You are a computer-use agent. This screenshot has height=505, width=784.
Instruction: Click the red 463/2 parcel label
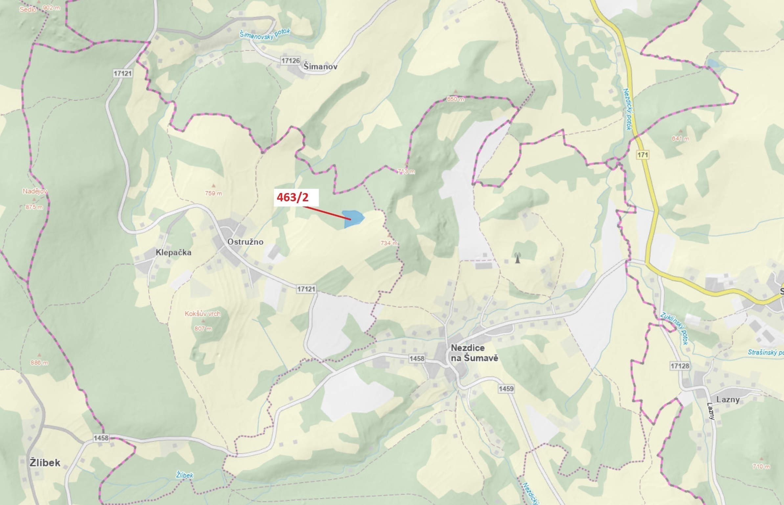[293, 197]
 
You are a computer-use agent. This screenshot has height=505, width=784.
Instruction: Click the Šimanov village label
[320, 67]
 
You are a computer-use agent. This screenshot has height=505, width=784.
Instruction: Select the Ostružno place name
[245, 242]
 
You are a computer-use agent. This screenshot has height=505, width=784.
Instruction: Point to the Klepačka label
[173, 252]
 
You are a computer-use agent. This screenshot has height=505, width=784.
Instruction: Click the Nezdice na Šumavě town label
[474, 353]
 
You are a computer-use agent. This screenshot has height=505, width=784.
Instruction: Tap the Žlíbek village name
[45, 463]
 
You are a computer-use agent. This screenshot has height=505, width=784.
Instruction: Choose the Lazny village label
[728, 400]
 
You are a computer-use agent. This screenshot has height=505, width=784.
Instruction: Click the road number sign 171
[643, 155]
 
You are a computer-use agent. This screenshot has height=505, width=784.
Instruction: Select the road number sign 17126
[290, 61]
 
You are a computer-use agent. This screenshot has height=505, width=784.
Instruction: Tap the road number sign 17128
[680, 366]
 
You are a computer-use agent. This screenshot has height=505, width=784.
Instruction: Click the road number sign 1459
[506, 389]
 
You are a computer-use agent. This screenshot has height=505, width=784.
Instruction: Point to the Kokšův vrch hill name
[202, 314]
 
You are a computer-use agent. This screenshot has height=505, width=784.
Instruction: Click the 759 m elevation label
[213, 193]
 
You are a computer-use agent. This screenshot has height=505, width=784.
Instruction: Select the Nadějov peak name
[34, 191]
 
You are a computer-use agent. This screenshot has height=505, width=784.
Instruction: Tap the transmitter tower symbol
[517, 258]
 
